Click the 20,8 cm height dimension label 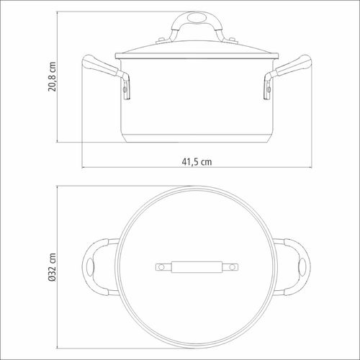(52, 76)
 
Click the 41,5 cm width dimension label (197, 162)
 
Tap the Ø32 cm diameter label (52, 267)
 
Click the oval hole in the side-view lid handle (197, 18)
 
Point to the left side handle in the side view (106, 72)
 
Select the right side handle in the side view (287, 72)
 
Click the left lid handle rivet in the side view (161, 39)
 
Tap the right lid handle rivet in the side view (232, 39)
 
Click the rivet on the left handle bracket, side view (124, 89)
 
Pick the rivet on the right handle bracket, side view (269, 89)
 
